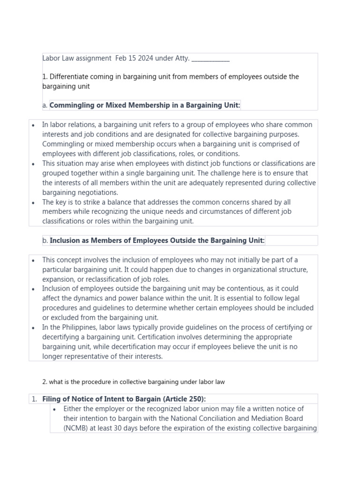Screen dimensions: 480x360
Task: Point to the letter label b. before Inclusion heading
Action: click(x=45, y=240)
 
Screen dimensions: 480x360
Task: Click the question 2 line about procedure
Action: click(x=134, y=382)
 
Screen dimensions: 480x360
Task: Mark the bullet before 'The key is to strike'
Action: click(x=33, y=202)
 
